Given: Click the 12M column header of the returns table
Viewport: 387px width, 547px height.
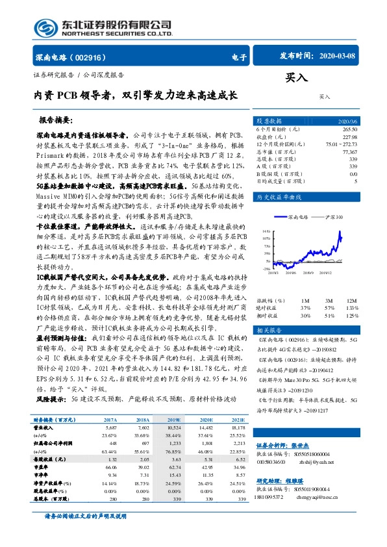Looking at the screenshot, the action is click(x=351, y=283).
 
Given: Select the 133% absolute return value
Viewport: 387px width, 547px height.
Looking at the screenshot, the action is click(x=351, y=290).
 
